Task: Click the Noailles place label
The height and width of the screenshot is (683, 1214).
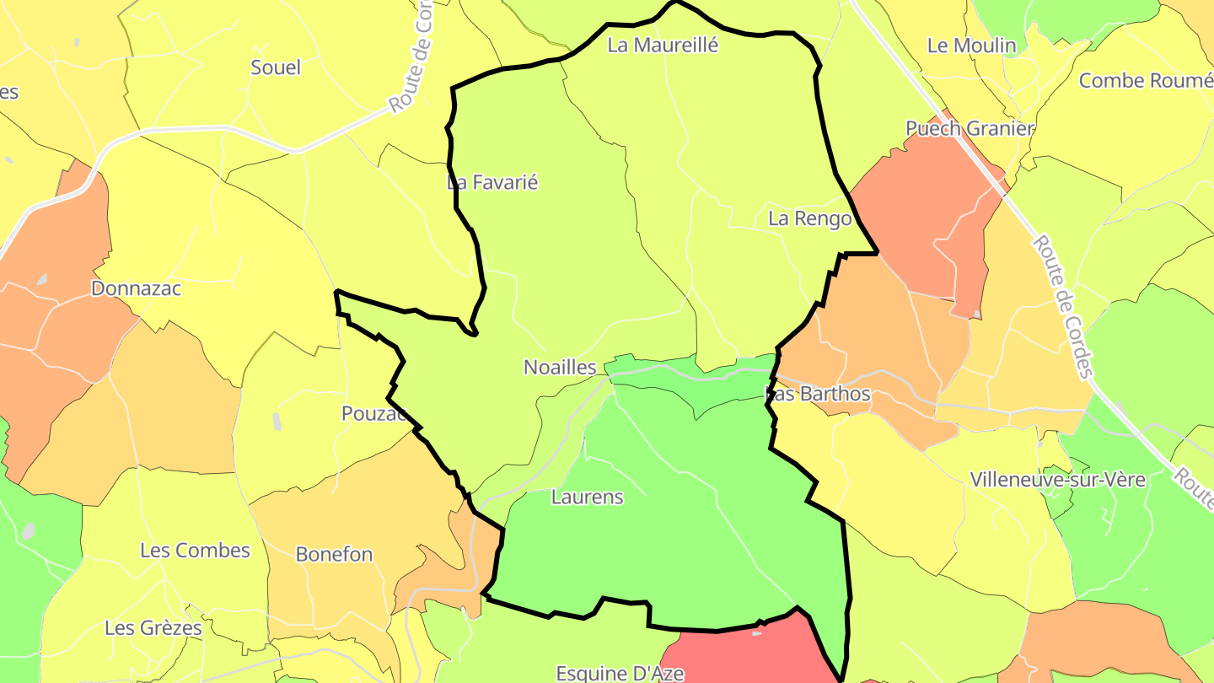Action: pos(560,368)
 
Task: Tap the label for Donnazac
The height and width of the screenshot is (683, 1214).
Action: pos(136,288)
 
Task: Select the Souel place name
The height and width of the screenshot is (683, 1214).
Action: pos(276,67)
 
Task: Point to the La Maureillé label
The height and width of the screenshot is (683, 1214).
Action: pos(663,46)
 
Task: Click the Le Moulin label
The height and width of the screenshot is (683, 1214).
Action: pos(971,46)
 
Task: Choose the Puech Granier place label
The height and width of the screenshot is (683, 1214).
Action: pos(970,128)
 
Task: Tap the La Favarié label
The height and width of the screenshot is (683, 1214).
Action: pos(492,182)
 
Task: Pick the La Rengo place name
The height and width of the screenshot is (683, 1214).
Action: pos(810,219)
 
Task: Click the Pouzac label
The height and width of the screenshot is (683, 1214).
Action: pos(374,414)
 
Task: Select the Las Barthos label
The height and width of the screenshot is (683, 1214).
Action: pos(817,394)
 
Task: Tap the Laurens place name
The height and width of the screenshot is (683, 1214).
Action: pos(587,497)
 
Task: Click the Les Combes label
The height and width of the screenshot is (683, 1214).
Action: pos(195,551)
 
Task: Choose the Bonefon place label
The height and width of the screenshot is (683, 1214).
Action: pos(334,555)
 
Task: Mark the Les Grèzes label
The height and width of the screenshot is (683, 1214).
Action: pos(153,628)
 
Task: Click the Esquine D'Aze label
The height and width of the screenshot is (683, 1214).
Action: pos(620,673)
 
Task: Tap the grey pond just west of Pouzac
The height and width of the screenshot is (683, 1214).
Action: pos(277,421)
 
